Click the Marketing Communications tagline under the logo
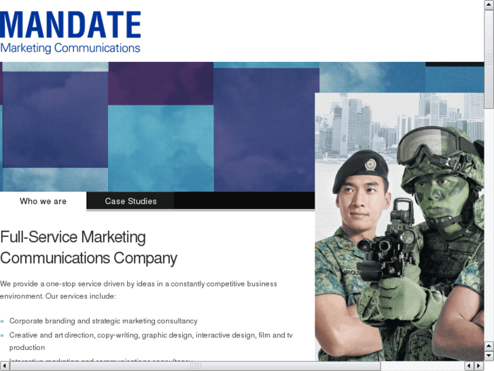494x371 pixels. click(71, 48)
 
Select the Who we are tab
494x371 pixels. click(43, 201)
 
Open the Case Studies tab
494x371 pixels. click(130, 201)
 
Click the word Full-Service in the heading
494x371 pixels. click(39, 238)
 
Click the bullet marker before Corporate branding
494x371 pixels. click(3, 321)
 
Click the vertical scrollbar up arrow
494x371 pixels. click(489, 5)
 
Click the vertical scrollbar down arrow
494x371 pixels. click(489, 355)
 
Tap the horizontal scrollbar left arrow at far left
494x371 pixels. click(5, 366)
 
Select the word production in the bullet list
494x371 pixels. click(27, 348)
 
